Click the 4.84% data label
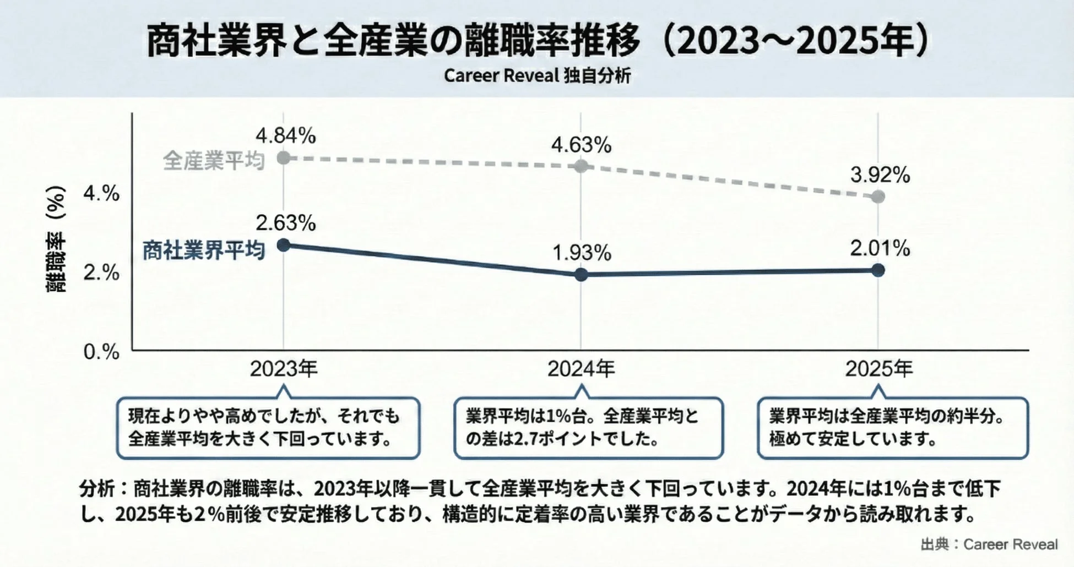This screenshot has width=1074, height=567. click(285, 135)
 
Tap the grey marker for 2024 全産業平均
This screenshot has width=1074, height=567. click(581, 166)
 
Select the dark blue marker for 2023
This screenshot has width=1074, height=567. click(284, 245)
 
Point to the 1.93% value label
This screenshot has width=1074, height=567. click(582, 253)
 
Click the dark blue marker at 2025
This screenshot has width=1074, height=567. click(878, 270)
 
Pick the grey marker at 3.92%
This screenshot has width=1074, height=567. click(878, 197)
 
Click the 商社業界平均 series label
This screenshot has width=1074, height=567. click(204, 250)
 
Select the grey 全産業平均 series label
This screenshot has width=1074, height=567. click(214, 161)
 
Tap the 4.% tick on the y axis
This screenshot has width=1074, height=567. click(101, 193)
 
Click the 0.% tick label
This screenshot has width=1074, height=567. click(101, 352)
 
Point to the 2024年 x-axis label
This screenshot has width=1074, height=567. click(581, 368)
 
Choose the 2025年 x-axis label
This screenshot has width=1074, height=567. click(879, 368)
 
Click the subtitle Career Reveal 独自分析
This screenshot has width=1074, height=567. click(537, 75)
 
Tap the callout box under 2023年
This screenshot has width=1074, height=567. click(268, 428)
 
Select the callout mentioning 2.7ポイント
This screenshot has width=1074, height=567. click(588, 428)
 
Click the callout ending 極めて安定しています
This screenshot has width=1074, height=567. click(892, 428)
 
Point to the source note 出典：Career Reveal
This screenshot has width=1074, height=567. click(989, 544)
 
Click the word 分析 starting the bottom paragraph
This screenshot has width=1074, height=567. click(97, 489)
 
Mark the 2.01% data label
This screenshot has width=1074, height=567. click(880, 248)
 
